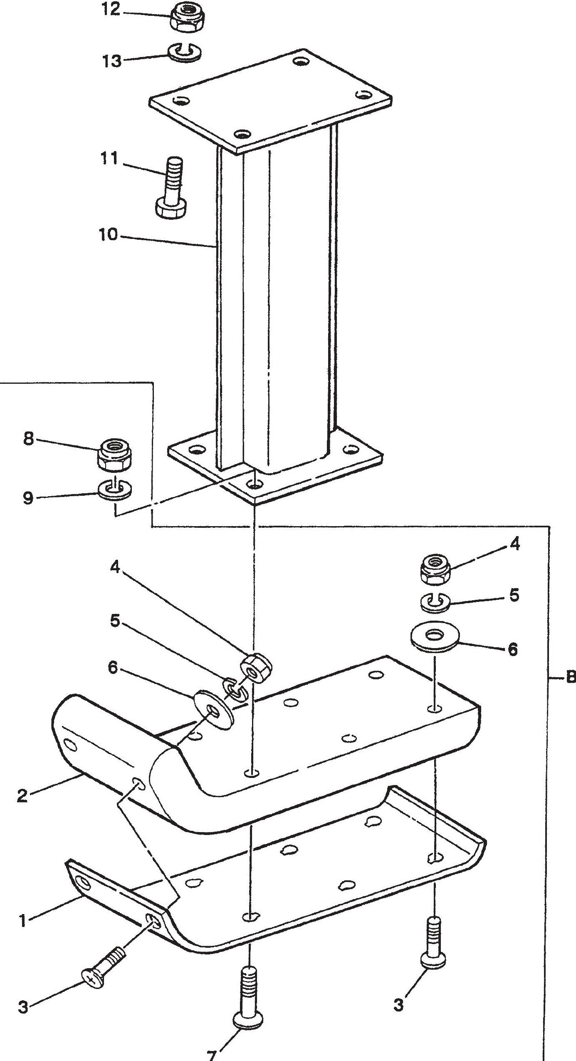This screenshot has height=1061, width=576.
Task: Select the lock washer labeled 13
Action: click(186, 53)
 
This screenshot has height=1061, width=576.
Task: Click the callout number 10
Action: click(109, 235)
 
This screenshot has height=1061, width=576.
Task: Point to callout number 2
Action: click(22, 796)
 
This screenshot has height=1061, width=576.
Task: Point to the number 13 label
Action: click(112, 61)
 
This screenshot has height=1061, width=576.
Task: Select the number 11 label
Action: click(109, 159)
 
